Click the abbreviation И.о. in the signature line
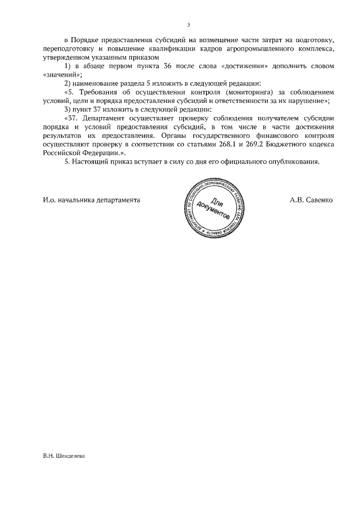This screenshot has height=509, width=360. pyautogui.click(x=49, y=200)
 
